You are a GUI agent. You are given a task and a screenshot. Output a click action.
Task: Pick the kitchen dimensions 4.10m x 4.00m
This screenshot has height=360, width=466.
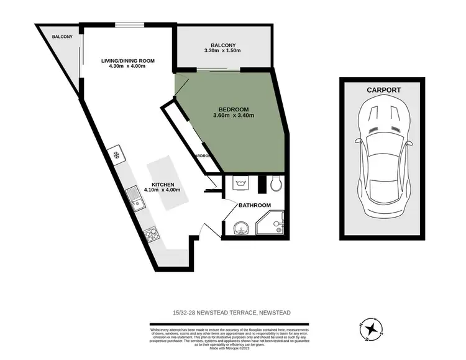tap(162, 191)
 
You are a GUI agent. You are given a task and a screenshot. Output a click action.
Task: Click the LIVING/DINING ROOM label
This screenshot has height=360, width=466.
tap(127, 60)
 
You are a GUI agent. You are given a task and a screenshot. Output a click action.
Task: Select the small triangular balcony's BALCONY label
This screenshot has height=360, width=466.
tap(62, 37)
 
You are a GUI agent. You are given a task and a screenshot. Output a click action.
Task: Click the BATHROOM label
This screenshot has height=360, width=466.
tap(255, 205)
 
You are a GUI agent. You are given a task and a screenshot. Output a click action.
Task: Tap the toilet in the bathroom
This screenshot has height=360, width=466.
tap(277, 183)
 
